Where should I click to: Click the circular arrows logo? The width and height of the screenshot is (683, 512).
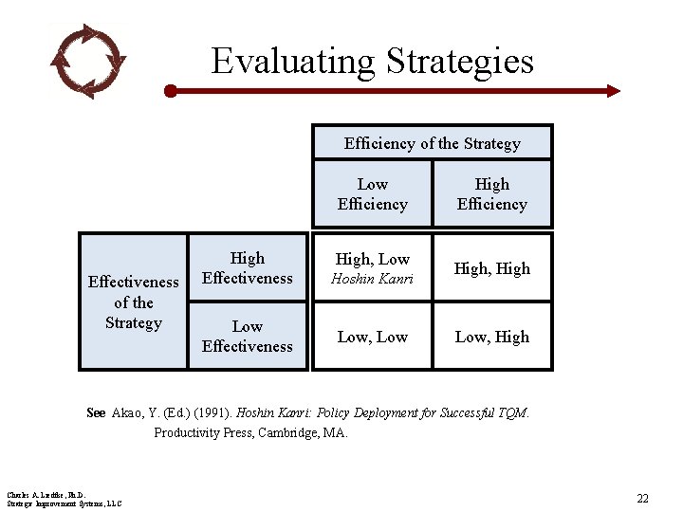(87, 61)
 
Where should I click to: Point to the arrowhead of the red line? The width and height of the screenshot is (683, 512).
(613, 91)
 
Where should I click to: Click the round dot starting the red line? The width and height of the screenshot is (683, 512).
(171, 91)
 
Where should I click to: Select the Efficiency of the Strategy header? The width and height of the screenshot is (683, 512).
(433, 143)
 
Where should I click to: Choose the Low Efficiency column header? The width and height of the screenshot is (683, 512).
(372, 193)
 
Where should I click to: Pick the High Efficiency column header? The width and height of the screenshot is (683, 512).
(491, 193)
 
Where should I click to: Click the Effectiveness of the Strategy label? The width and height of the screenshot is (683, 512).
(133, 302)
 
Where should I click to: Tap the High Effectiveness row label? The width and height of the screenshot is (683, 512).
(247, 267)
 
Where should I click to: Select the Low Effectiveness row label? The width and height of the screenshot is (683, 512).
(247, 336)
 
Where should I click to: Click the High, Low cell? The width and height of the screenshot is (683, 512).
(372, 259)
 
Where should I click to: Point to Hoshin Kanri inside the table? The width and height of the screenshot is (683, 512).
(372, 279)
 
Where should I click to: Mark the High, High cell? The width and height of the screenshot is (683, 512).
(491, 268)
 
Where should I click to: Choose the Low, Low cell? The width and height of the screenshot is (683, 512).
(372, 337)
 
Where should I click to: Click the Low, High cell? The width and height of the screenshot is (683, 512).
(491, 337)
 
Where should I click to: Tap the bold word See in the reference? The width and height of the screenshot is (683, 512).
(96, 412)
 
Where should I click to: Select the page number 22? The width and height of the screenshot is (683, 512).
(642, 498)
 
